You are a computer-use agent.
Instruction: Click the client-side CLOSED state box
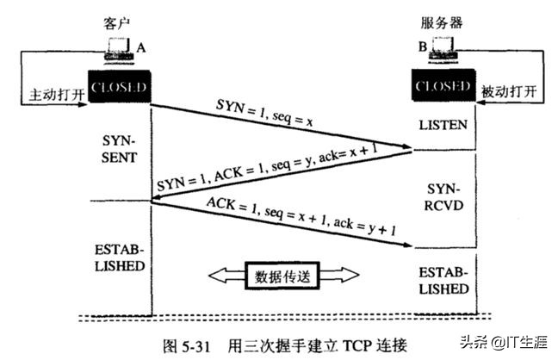120,88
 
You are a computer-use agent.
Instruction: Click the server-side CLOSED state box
443,88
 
